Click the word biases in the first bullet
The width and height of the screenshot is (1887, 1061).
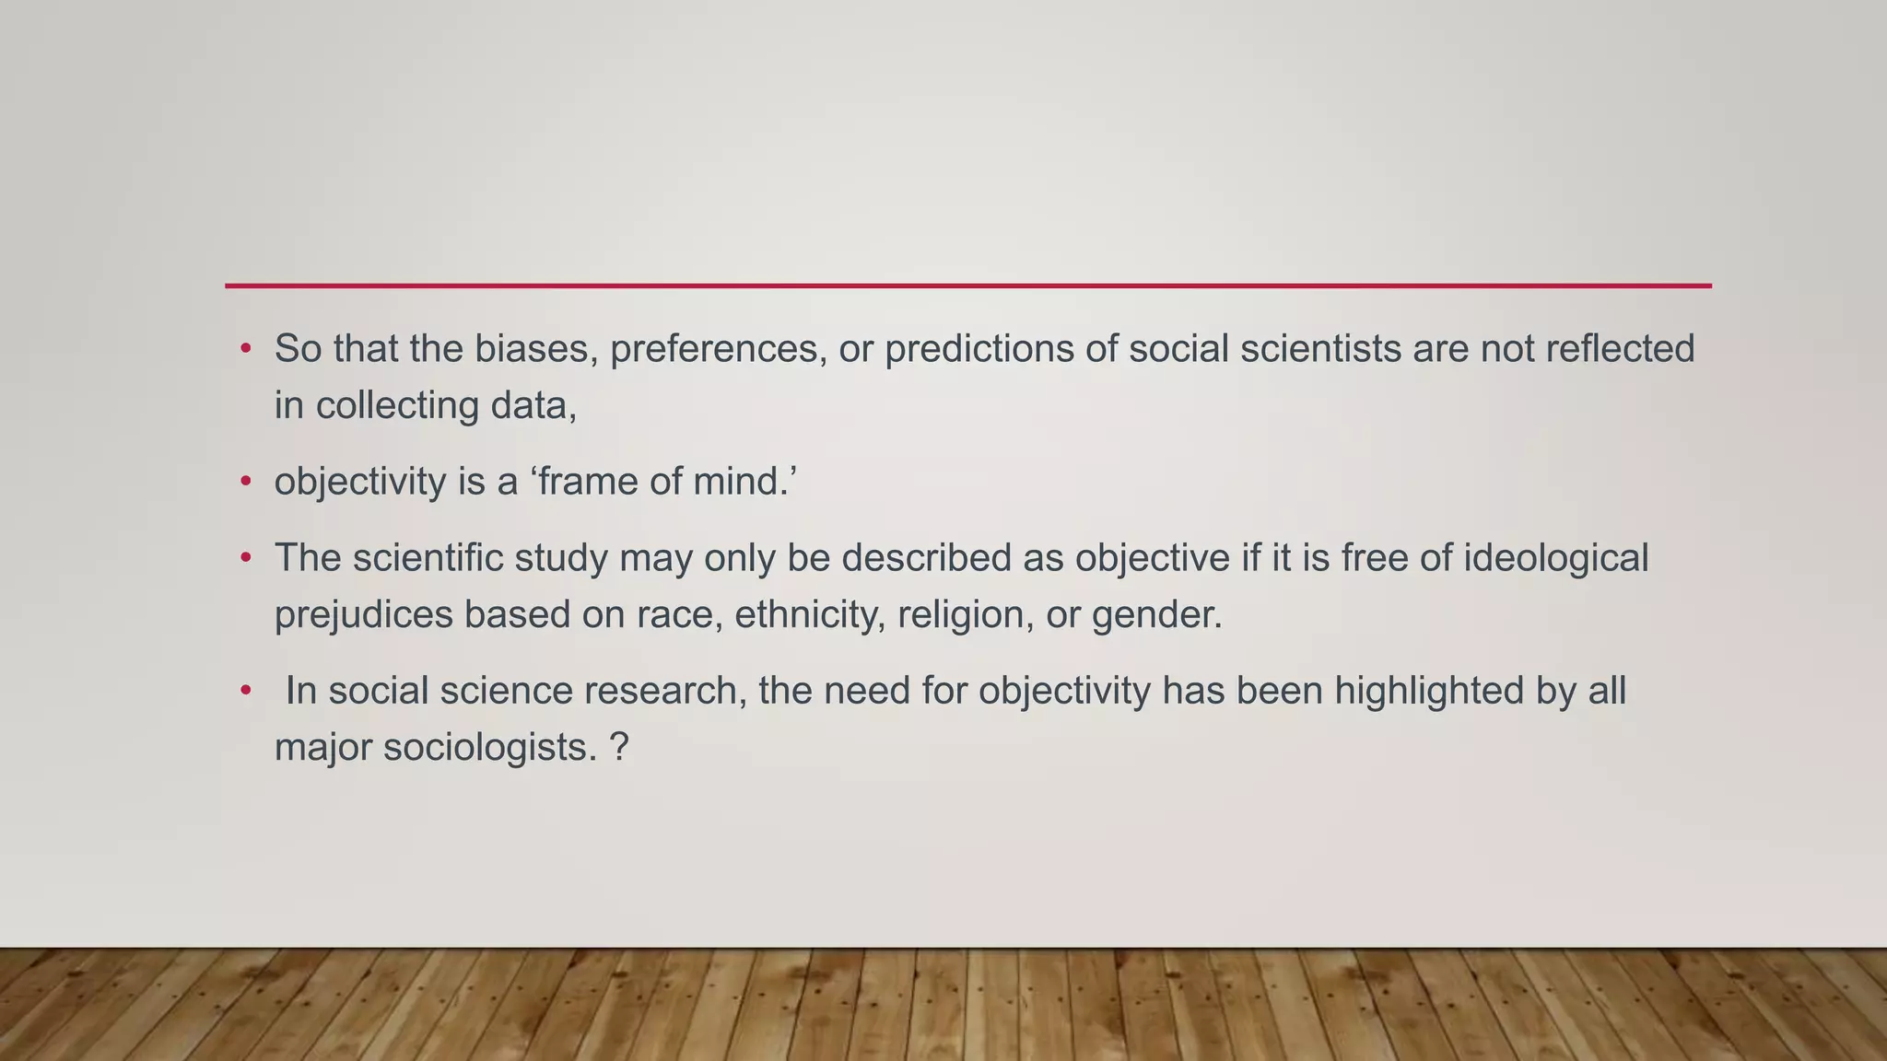[x=533, y=349]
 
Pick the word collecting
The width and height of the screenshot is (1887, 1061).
[x=397, y=406]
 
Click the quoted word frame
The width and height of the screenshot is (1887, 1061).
[x=588, y=482]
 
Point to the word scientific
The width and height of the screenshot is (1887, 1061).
[x=428, y=558]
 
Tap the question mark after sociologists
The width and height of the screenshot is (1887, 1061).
[x=619, y=747]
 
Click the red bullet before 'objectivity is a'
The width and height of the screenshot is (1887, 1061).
[x=245, y=482]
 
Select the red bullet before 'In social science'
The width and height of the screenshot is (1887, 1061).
[x=245, y=691]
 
